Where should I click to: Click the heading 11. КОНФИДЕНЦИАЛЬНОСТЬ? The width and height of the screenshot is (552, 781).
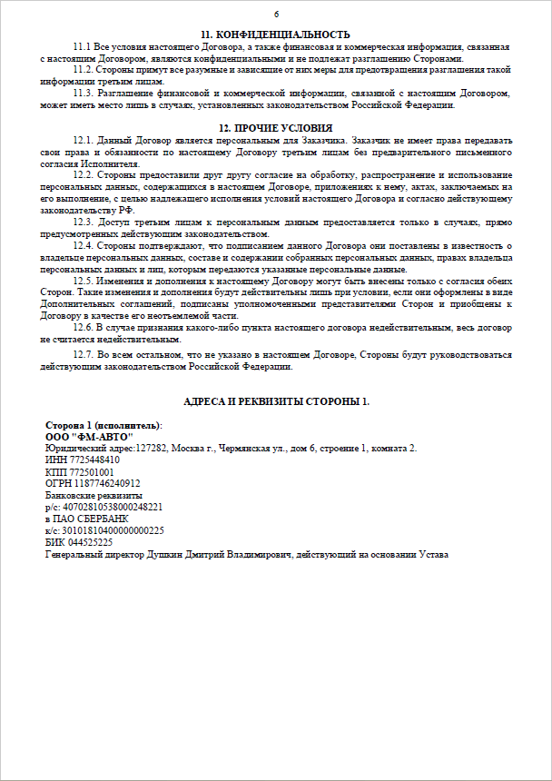[276, 34]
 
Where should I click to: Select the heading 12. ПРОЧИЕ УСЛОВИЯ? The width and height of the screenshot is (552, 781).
[276, 128]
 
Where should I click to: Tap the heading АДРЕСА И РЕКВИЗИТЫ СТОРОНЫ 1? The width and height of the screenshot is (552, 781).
[276, 401]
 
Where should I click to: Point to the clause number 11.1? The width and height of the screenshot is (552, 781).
[83, 45]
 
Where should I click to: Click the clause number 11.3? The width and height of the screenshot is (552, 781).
[84, 93]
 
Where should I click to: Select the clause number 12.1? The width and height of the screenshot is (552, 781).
[84, 140]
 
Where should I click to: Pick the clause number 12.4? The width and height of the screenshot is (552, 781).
[84, 246]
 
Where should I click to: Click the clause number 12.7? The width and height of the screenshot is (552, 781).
[84, 356]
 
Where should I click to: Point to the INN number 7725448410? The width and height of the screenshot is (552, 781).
[92, 460]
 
